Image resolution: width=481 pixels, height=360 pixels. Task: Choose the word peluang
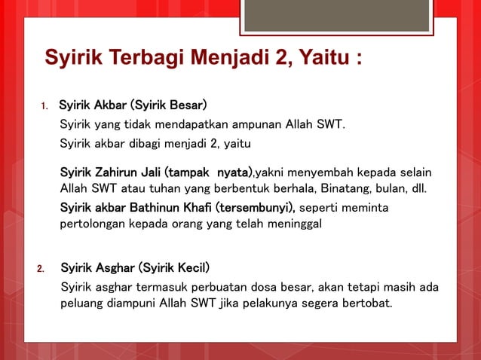81,304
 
